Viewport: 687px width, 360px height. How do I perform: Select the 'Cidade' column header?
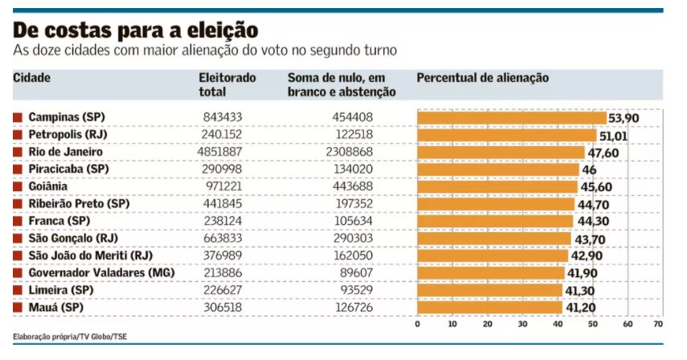(x=32, y=78)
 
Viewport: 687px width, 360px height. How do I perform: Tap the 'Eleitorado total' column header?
(x=227, y=84)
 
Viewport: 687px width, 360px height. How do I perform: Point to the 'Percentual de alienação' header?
(x=482, y=78)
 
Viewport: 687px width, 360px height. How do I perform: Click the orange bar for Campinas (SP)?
(x=512, y=117)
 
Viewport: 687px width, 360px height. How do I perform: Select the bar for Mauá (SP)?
(x=489, y=307)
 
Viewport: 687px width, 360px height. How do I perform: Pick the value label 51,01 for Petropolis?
(x=614, y=136)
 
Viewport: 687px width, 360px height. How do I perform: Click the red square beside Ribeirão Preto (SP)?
(x=18, y=204)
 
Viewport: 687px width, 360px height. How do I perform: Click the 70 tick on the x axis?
(x=657, y=324)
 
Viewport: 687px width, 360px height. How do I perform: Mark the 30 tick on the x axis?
(x=522, y=324)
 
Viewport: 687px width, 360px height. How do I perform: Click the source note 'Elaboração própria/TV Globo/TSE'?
(x=64, y=336)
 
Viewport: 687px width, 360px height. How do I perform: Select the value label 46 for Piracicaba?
(x=589, y=170)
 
